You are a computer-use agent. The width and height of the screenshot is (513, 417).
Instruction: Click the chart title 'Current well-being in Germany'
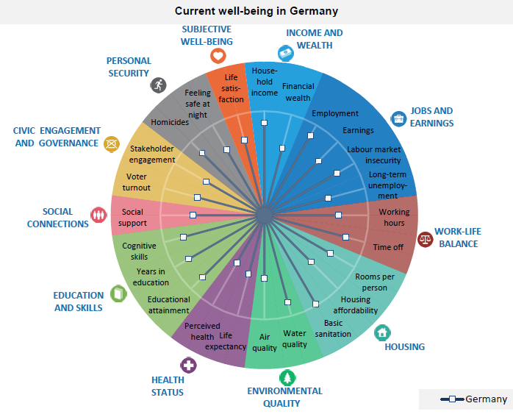click(x=256, y=11)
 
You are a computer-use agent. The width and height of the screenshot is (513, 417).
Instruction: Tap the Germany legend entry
click(x=474, y=399)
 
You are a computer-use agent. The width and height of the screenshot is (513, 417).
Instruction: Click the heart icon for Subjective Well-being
click(x=218, y=56)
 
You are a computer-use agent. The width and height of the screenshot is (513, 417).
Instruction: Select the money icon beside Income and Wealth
click(x=286, y=53)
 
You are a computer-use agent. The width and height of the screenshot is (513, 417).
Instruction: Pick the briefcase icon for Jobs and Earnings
click(x=398, y=118)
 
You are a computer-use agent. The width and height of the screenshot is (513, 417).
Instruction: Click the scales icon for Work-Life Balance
click(x=426, y=239)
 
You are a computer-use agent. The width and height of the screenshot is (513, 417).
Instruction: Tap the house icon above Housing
click(x=382, y=332)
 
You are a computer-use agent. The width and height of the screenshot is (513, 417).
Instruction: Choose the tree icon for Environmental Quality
click(x=287, y=378)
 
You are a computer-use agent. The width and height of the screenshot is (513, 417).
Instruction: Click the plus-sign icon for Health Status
click(x=188, y=365)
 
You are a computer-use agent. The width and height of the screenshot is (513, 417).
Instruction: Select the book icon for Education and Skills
click(x=118, y=293)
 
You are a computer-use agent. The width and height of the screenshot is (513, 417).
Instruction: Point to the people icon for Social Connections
click(x=98, y=215)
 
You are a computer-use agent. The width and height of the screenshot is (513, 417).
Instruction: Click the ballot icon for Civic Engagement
click(x=112, y=144)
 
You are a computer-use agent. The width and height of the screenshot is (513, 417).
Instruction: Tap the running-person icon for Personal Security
click(x=158, y=85)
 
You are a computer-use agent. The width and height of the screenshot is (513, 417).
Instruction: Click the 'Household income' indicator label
click(x=265, y=82)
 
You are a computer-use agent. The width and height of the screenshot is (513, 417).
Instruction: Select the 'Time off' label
click(x=388, y=247)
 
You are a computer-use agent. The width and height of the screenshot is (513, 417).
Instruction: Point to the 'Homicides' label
click(x=170, y=122)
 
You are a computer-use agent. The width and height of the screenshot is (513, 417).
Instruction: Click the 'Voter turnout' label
click(x=137, y=182)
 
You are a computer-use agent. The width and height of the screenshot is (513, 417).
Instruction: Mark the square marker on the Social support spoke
click(x=193, y=215)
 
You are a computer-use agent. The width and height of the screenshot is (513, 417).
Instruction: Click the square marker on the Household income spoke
click(x=265, y=123)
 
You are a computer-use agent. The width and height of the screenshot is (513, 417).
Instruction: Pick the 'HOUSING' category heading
click(x=405, y=346)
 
